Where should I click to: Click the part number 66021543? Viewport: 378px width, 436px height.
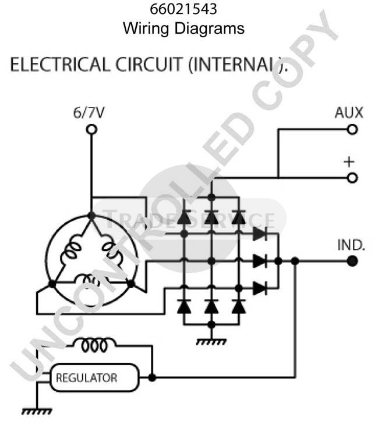[x=183, y=10]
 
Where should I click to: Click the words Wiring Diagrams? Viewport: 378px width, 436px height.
[x=183, y=28]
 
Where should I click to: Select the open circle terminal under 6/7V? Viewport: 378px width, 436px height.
[x=91, y=130]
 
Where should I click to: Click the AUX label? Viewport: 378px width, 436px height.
[x=349, y=113]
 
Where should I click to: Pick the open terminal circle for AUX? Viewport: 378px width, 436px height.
[x=352, y=130]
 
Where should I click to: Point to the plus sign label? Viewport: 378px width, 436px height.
[x=349, y=161]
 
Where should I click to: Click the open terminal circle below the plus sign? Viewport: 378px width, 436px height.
[x=352, y=178]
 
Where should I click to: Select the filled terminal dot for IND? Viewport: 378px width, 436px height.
[x=352, y=262]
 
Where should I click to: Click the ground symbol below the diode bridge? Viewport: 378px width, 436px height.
[x=211, y=339]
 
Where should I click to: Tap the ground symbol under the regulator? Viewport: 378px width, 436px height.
[x=36, y=410]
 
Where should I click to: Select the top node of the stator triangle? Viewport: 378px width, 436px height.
[x=91, y=215]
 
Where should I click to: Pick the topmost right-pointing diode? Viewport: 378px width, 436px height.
[x=260, y=234]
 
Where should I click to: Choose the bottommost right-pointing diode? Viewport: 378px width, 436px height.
[x=260, y=288]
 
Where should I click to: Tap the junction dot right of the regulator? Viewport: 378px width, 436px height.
[x=152, y=378]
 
